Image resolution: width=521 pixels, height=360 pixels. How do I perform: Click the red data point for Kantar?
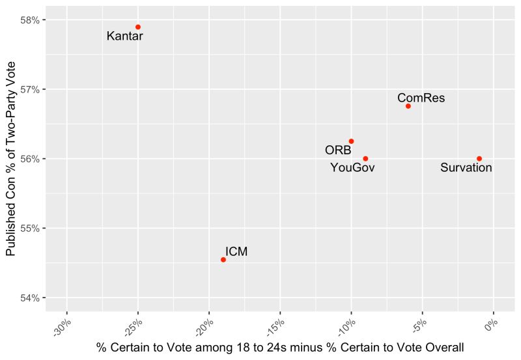pyautogui.click(x=138, y=27)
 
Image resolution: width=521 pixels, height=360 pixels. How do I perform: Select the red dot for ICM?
pyautogui.click(x=223, y=260)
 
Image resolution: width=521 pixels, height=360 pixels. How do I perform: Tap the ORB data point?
pyautogui.click(x=351, y=141)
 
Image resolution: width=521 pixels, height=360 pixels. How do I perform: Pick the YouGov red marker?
pyautogui.click(x=365, y=159)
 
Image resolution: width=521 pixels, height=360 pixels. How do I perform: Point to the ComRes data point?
pyautogui.click(x=408, y=106)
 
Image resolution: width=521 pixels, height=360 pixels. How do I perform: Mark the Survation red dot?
pyautogui.click(x=479, y=159)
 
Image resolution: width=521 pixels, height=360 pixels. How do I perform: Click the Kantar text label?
pyautogui.click(x=124, y=37)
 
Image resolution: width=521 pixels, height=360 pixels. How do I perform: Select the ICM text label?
pyautogui.click(x=236, y=252)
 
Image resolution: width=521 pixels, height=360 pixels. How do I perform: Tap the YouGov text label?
pyautogui.click(x=352, y=168)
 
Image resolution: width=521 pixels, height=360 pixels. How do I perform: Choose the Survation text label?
pyautogui.click(x=466, y=168)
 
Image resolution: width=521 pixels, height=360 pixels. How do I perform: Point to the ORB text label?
pyautogui.click(x=338, y=150)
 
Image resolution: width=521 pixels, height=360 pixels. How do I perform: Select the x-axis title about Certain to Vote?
pyautogui.click(x=280, y=348)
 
